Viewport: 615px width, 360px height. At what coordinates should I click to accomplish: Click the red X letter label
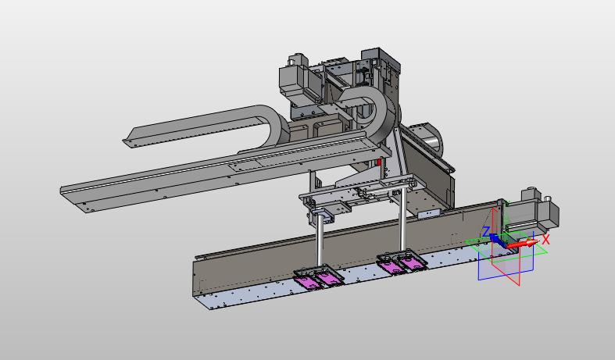[545, 239]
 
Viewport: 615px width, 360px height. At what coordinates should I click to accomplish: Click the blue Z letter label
[486, 231]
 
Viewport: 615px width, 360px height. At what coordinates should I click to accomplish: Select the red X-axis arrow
[523, 244]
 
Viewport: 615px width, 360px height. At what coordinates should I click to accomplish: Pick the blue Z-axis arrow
[497, 239]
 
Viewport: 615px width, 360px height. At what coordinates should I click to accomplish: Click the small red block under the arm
[379, 162]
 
